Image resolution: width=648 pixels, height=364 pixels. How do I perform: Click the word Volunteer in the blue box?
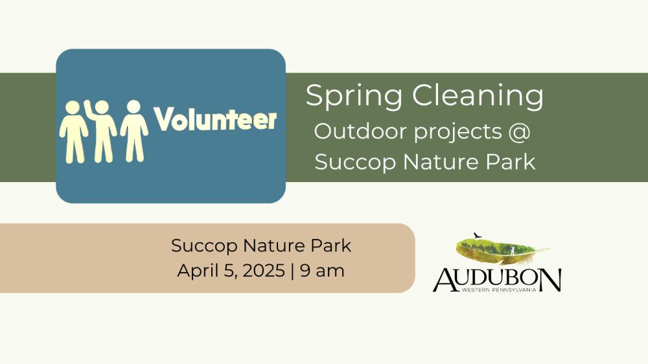pos(215,119)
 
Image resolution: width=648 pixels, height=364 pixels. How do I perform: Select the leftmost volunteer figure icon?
pos(73,131)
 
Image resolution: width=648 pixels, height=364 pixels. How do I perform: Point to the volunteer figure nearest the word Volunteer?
pos(134,131)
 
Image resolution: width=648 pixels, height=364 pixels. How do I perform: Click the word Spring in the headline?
pos(354,96)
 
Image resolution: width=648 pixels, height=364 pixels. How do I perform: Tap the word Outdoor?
pos(361,131)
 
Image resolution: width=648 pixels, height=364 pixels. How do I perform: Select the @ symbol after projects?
pos(519,132)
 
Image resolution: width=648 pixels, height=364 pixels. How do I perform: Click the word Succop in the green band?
pos(355,163)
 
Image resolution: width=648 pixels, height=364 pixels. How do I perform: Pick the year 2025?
pos(264,271)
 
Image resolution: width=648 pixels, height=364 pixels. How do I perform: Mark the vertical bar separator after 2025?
pos(293,271)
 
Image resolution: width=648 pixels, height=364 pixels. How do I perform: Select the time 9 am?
pos(322,271)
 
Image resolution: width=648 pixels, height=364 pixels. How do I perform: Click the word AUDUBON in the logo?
pos(497,280)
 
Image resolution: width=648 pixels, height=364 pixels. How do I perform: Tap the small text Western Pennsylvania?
pos(499,290)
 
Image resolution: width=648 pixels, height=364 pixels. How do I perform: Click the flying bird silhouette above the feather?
pos(478,235)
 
